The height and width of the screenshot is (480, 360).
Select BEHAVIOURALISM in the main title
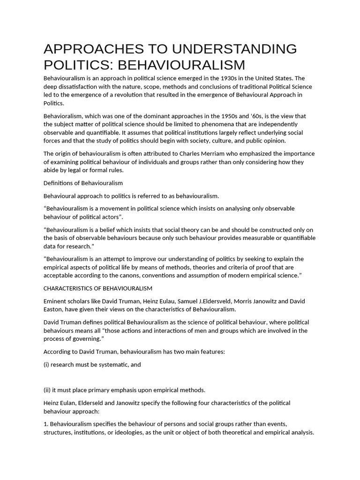tap(180, 65)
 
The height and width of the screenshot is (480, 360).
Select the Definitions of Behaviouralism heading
tap(83, 183)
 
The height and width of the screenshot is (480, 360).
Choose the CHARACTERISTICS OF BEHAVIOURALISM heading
tap(98, 288)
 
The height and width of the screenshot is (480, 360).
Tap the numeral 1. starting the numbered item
tap(46, 424)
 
